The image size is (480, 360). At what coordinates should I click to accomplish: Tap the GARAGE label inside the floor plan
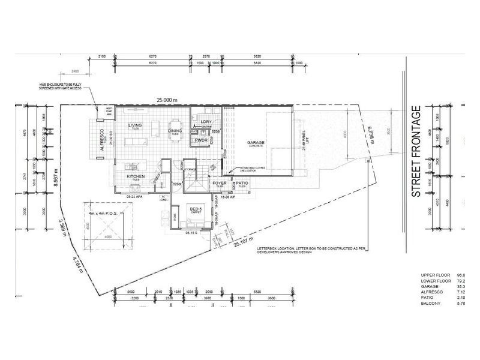256,143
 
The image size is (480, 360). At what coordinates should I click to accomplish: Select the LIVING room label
135,125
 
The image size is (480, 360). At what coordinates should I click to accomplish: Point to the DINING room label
175,130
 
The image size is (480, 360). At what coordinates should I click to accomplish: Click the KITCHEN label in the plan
135,176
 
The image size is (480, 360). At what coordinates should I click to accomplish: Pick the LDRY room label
206,121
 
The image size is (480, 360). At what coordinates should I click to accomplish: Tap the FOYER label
219,183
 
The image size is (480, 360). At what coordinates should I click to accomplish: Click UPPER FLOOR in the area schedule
435,274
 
